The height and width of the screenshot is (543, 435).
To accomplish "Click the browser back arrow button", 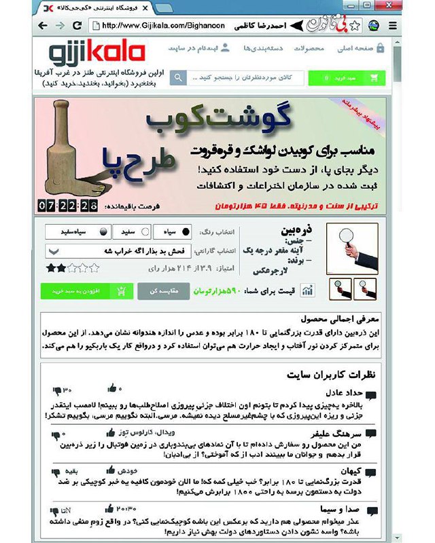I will (x=43, y=26).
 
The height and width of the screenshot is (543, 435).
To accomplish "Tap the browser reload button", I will (x=76, y=26).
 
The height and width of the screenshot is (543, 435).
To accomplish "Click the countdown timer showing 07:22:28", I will (x=68, y=204).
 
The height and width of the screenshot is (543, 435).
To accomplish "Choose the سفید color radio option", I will (x=130, y=231).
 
